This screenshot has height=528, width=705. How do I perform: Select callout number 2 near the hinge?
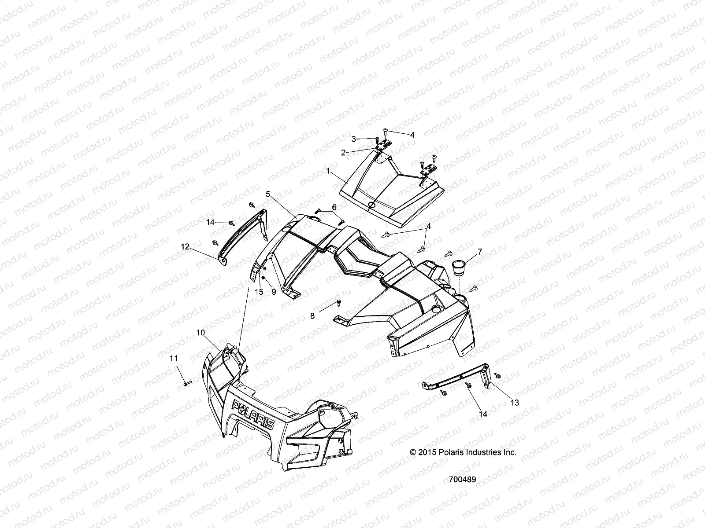pyautogui.click(x=342, y=153)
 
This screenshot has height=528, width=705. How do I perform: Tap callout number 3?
pyautogui.click(x=353, y=139)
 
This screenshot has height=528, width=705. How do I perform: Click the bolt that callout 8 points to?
pyautogui.click(x=338, y=302)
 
